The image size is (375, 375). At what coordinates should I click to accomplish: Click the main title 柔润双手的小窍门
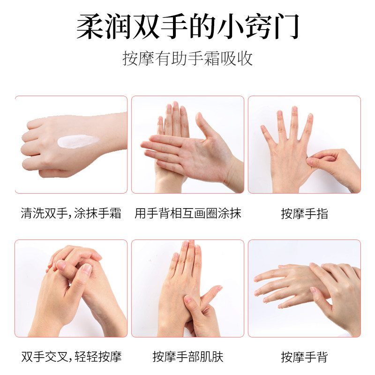187,27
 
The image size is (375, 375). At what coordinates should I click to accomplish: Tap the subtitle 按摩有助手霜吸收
187,59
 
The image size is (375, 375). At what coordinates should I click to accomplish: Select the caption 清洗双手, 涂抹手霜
71,214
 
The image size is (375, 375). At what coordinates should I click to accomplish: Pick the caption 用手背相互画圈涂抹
187,214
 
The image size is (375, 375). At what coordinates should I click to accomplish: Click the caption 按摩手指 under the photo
304,214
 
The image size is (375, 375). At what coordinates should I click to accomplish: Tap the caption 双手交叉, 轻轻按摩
71,357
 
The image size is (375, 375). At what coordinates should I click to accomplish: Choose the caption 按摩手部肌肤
187,357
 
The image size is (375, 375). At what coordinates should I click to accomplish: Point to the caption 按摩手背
304,357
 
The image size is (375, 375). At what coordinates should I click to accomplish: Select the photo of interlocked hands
71,288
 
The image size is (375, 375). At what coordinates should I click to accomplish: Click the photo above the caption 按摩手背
304,288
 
